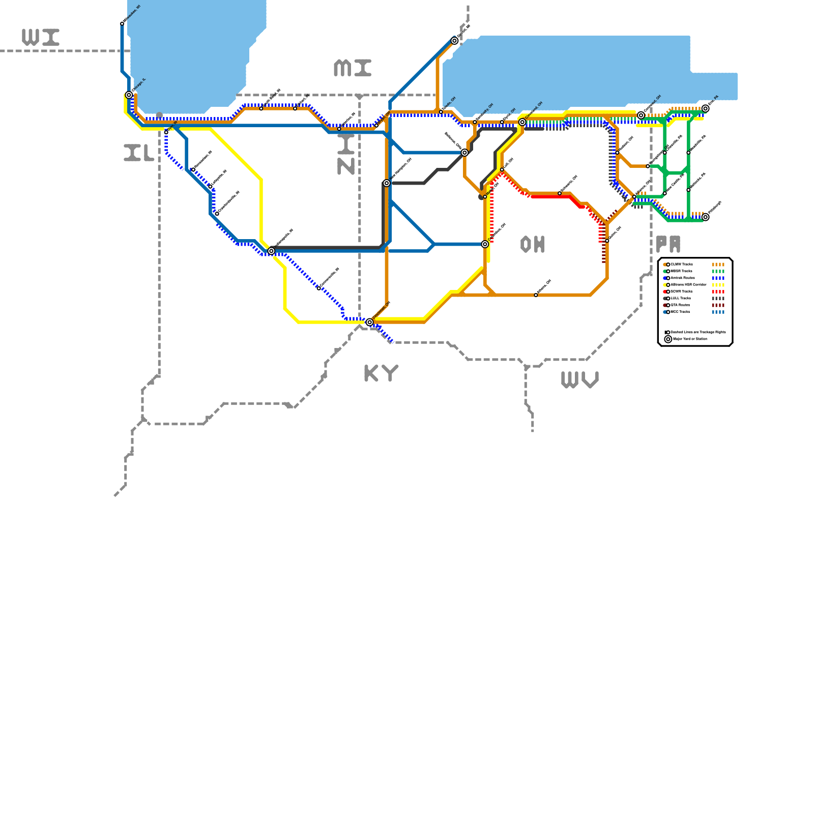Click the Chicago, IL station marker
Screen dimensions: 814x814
click(x=129, y=95)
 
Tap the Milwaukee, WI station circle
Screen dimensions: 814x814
click(x=122, y=23)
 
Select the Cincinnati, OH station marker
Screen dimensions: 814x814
click(x=370, y=322)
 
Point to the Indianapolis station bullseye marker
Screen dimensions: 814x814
click(x=271, y=251)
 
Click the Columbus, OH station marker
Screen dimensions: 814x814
click(x=485, y=244)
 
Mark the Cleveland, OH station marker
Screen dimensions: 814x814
click(x=522, y=122)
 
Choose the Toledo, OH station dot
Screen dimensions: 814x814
click(x=441, y=112)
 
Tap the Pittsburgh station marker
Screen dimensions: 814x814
click(x=705, y=217)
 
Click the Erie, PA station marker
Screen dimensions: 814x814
click(x=705, y=108)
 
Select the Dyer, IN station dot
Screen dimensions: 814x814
click(x=166, y=132)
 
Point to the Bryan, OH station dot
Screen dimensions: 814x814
click(x=376, y=125)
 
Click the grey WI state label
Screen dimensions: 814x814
click(x=41, y=37)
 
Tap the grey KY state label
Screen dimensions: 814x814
click(x=381, y=373)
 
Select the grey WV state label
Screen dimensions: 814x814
click(x=579, y=380)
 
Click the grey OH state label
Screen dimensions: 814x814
click(x=533, y=245)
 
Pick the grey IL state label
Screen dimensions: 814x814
click(x=139, y=153)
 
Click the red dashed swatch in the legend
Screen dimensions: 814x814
click(x=718, y=292)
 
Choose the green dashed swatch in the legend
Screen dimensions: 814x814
click(x=718, y=271)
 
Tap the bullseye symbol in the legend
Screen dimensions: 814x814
click(x=668, y=339)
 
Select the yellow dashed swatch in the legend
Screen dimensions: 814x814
click(x=718, y=285)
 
